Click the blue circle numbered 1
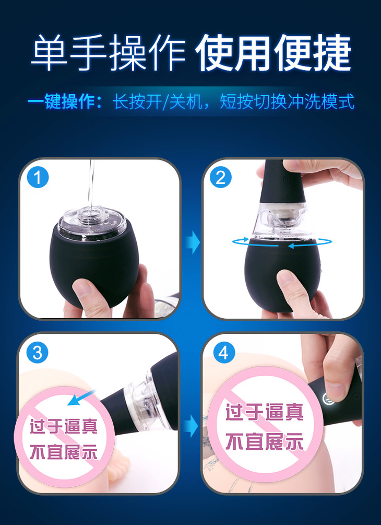(x=38, y=178)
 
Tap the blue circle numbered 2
(x=221, y=178)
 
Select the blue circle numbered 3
(x=38, y=353)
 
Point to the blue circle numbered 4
(x=224, y=353)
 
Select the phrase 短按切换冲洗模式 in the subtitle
(x=287, y=101)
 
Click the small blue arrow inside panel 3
(x=81, y=398)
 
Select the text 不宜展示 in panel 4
(x=264, y=441)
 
